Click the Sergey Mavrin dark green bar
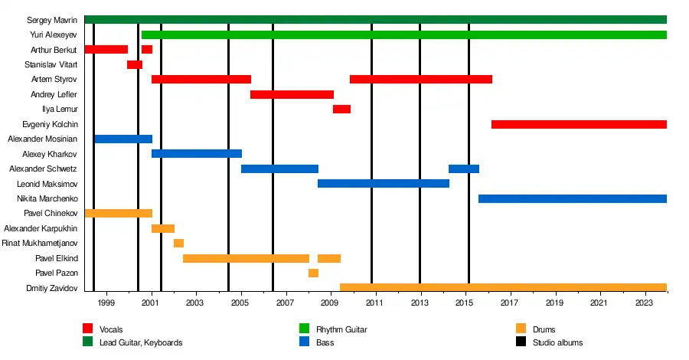click(x=375, y=19)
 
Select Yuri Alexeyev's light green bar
click(x=403, y=34)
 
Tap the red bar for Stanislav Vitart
click(x=135, y=64)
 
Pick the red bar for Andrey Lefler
click(x=292, y=94)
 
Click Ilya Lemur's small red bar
click(x=341, y=110)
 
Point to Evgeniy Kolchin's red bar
click(x=579, y=124)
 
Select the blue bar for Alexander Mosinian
click(x=123, y=139)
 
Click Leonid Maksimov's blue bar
click(x=383, y=184)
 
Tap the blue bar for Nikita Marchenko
click(x=572, y=198)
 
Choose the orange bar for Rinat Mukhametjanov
click(x=178, y=244)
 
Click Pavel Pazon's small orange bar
click(x=313, y=273)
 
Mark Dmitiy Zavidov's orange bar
click(x=503, y=288)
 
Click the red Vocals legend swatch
click(x=87, y=329)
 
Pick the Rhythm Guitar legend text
click(x=341, y=330)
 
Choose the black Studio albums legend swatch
click(x=521, y=342)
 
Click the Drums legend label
click(x=544, y=330)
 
